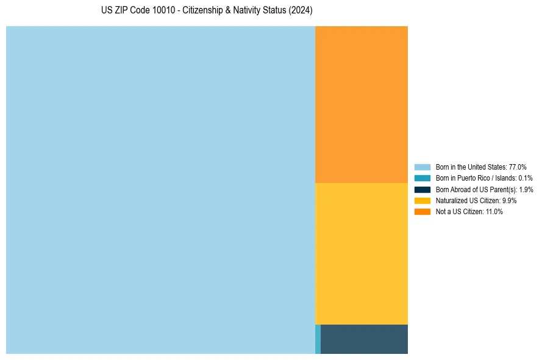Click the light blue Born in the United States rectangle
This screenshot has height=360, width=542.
pyautogui.click(x=160, y=190)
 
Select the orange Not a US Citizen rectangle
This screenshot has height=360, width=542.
pyautogui.click(x=362, y=104)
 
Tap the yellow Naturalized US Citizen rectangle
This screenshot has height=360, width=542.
pyautogui.click(x=362, y=253)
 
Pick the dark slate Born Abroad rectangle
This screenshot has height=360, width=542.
pyautogui.click(x=364, y=339)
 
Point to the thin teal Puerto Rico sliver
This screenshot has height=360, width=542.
pyautogui.click(x=318, y=339)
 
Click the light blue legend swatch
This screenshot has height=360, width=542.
pyautogui.click(x=423, y=167)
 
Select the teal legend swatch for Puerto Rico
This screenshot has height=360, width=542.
pyautogui.click(x=423, y=178)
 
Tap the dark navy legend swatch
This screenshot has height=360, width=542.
pyautogui.click(x=423, y=189)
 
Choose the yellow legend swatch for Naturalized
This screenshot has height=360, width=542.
pyautogui.click(x=423, y=200)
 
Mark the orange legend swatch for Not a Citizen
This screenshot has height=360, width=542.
pyautogui.click(x=423, y=211)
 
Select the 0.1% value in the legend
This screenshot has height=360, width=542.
pyautogui.click(x=525, y=178)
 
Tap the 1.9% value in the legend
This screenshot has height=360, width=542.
pyautogui.click(x=526, y=189)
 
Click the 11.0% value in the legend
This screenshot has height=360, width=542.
pyautogui.click(x=494, y=211)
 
